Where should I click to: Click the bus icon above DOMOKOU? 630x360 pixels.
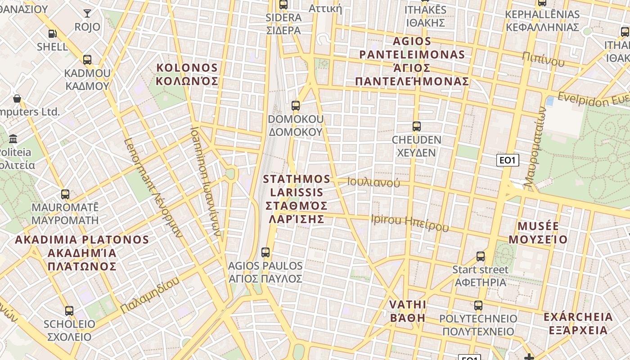click(x=296, y=106)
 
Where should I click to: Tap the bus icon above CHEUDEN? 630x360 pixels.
click(x=417, y=126)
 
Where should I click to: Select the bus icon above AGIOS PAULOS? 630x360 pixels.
click(x=265, y=252)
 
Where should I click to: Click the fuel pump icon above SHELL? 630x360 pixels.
click(x=52, y=33)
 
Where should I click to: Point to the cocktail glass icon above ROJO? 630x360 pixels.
click(x=87, y=13)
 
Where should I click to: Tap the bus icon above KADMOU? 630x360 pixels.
click(x=87, y=59)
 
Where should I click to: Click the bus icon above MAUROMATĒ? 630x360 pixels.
click(x=65, y=194)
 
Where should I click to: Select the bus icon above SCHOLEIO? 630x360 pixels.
click(x=69, y=311)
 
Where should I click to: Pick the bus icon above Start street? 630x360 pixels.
click(x=481, y=256)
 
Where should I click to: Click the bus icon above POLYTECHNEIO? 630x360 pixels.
click(x=478, y=306)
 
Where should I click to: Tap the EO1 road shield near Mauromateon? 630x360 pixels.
click(x=508, y=160)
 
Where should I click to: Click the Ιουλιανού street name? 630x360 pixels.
click(x=373, y=183)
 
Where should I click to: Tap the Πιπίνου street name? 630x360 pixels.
click(x=543, y=59)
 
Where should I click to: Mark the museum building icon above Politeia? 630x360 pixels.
click(x=13, y=139)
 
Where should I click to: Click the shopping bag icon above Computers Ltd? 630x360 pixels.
click(x=17, y=98)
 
